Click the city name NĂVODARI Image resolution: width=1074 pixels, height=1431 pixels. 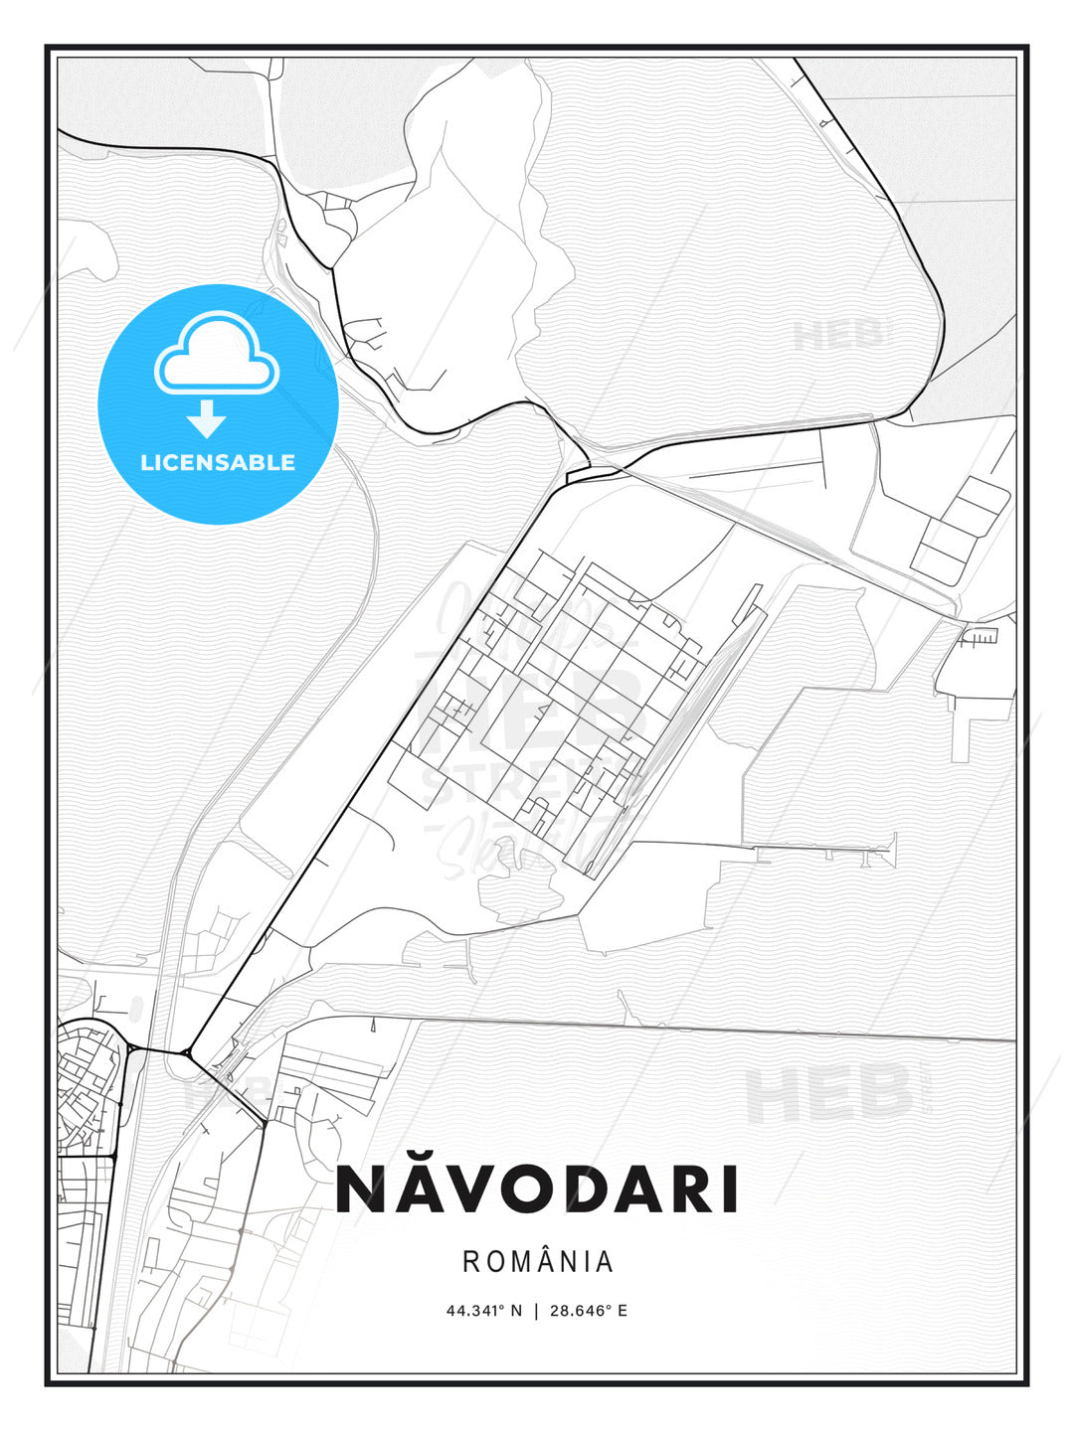(537, 1189)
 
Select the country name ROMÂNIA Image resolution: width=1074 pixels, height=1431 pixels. (537, 1262)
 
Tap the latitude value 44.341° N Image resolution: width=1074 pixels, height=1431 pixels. (483, 1311)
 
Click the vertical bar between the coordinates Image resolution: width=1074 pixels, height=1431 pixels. (536, 1311)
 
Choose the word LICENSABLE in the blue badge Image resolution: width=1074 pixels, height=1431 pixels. (218, 462)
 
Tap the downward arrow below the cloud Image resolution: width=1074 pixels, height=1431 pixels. (207, 418)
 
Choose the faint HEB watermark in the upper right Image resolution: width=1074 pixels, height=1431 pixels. (837, 336)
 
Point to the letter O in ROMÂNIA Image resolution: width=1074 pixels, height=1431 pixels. (494, 1262)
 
